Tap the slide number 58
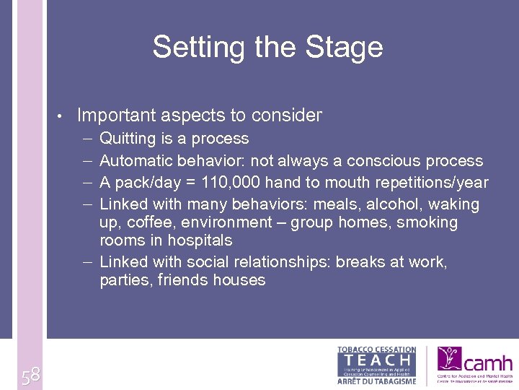tap(30, 376)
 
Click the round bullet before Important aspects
tap(63, 116)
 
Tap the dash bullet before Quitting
tap(86, 139)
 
